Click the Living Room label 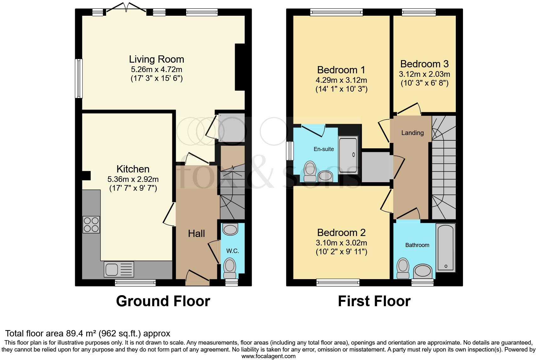(x=157, y=59)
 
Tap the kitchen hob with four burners (x=91, y=224)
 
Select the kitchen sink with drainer (x=119, y=269)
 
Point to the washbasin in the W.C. (x=230, y=229)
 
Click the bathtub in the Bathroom (x=445, y=248)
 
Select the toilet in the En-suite (x=310, y=171)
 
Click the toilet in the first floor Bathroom (x=403, y=268)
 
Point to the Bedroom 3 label (x=425, y=64)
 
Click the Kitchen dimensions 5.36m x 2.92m (x=133, y=179)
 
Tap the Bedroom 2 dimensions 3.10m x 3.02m (x=342, y=243)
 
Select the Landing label (x=412, y=133)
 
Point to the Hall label (x=197, y=233)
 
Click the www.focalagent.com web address (x=269, y=356)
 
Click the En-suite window (x=290, y=150)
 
